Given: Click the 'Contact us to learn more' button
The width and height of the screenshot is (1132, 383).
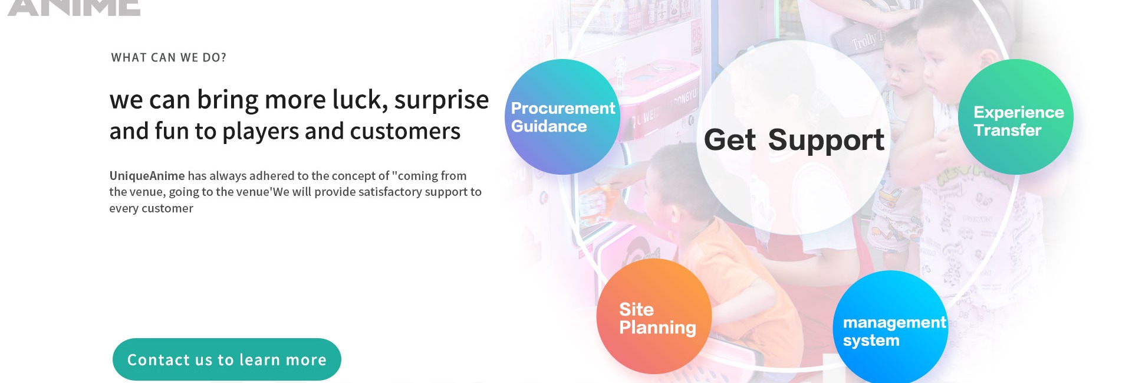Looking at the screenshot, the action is point(227,359).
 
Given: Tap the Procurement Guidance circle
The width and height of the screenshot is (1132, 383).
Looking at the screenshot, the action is point(562,117).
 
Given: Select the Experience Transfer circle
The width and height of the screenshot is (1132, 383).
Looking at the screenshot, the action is point(1016,117).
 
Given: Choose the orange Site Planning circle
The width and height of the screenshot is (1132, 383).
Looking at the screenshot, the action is point(654,316).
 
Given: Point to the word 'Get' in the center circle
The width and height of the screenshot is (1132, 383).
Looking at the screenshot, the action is point(730,140).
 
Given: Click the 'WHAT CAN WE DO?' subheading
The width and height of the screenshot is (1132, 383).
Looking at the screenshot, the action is point(169,58).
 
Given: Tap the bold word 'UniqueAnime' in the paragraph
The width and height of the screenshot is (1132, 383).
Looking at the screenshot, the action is point(147,176).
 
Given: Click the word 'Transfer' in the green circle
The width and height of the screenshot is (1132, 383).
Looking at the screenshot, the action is point(1008,130).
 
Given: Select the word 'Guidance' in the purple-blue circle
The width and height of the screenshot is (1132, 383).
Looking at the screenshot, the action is point(549,126).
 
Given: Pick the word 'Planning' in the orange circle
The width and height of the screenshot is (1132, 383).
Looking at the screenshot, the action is point(657,328).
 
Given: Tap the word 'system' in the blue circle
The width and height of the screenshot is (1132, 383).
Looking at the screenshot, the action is point(871,341).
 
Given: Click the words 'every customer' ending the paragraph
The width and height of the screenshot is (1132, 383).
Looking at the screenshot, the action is point(151,208).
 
